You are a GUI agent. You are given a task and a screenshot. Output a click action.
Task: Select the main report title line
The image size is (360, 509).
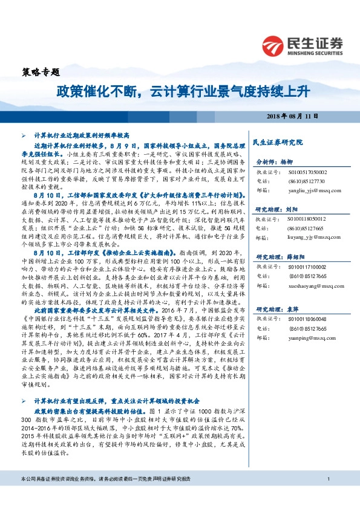click(x=182, y=91)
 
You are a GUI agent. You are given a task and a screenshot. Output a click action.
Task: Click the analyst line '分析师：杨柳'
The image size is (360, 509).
click(x=273, y=163)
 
